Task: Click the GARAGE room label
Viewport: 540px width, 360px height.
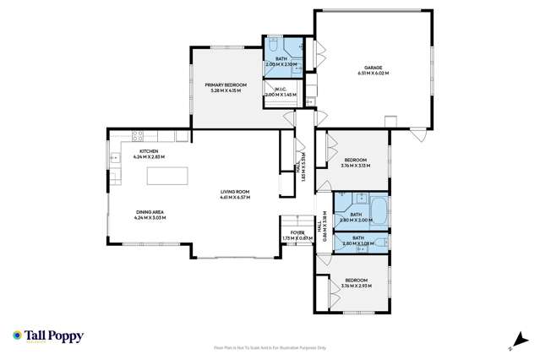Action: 373,67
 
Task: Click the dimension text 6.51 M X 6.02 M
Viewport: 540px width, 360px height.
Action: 373,74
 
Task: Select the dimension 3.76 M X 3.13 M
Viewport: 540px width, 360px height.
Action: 355,166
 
